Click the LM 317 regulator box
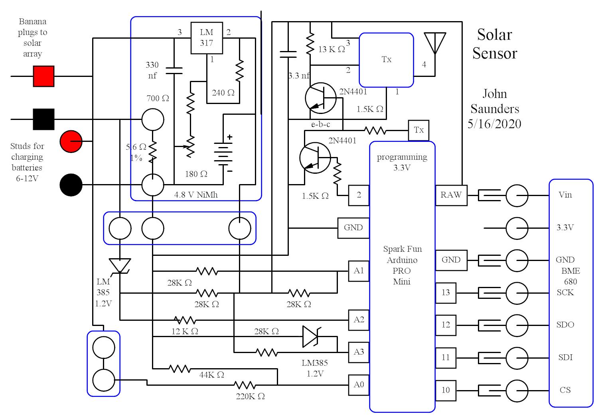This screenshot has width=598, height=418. [206, 38]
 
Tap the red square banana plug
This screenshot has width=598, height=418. [43, 76]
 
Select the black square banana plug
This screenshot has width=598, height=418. [43, 119]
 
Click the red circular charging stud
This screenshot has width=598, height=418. [71, 141]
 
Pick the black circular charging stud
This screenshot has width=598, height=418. [71, 185]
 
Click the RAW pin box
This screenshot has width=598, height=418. [451, 195]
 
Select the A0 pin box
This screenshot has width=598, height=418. [359, 385]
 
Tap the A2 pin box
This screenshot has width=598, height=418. [359, 320]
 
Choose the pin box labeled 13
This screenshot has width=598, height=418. [446, 293]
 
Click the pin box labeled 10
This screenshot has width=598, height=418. [446, 391]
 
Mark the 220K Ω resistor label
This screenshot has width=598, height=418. [250, 396]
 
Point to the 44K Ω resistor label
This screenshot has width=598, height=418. [211, 375]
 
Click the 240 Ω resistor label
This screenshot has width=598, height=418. [223, 93]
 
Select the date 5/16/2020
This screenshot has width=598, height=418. [494, 124]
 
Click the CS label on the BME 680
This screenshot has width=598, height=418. [565, 390]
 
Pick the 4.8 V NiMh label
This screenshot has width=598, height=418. [196, 195]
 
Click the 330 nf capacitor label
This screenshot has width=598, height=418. [152, 70]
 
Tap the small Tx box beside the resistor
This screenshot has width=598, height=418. [418, 130]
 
